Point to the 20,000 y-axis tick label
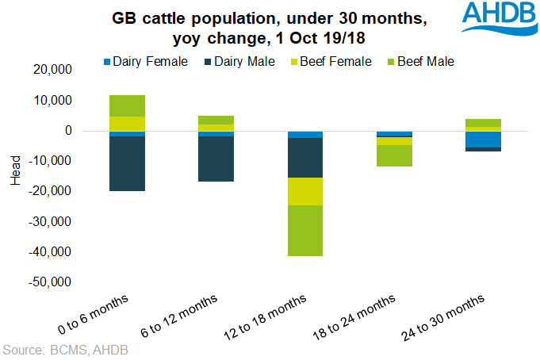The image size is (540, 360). [x=51, y=70]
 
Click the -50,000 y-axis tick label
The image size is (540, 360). [x=49, y=282]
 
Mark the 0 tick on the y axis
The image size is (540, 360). [x=69, y=131]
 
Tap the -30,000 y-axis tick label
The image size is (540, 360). [x=49, y=221]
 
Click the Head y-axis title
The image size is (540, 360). [x=15, y=175]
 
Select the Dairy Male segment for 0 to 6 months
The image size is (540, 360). [x=127, y=163]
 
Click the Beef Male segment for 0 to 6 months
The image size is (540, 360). [x=127, y=105]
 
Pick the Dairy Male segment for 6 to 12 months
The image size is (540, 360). [x=216, y=159]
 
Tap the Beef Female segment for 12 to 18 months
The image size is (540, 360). [x=305, y=191]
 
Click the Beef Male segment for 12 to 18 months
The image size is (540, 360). [x=305, y=231]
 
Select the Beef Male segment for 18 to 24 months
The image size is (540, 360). [x=394, y=155]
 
